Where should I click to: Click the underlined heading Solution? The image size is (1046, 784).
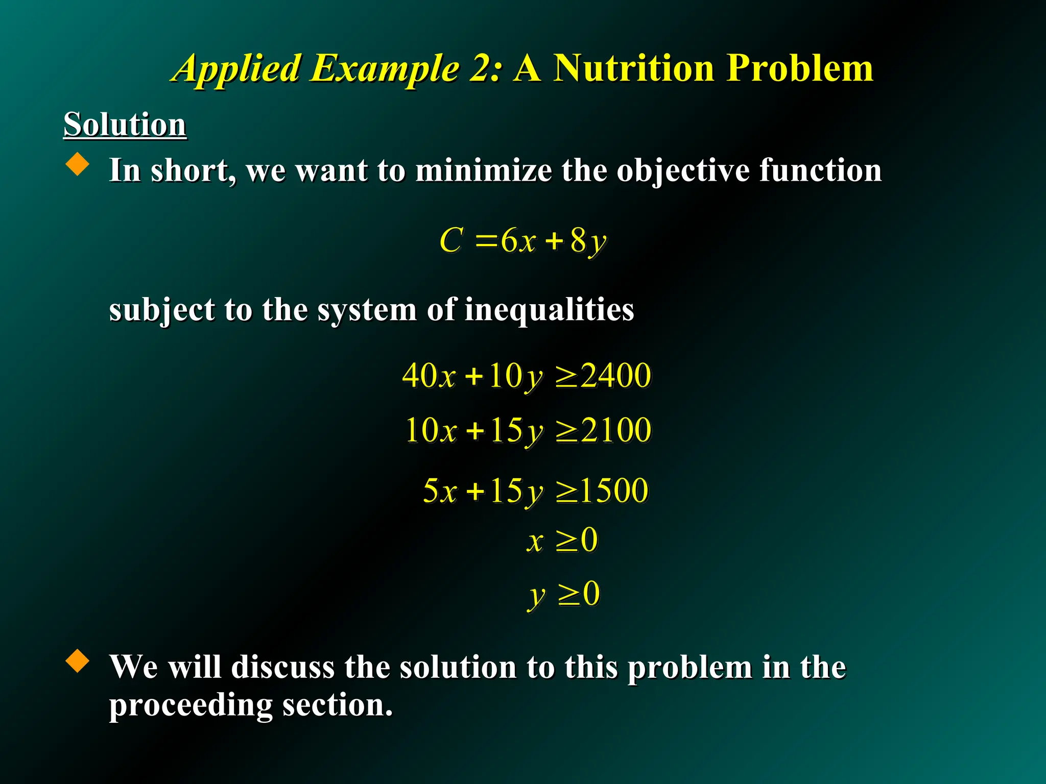(125, 125)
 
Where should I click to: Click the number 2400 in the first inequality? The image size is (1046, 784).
(616, 376)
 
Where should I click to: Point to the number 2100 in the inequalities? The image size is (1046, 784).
(616, 430)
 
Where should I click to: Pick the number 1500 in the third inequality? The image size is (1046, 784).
(614, 491)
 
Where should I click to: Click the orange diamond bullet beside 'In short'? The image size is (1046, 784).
(78, 164)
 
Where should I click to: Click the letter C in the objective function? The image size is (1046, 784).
(451, 240)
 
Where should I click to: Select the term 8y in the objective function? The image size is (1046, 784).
(588, 241)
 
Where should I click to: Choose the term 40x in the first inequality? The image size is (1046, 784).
(428, 376)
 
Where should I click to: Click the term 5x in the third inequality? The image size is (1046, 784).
(439, 491)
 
